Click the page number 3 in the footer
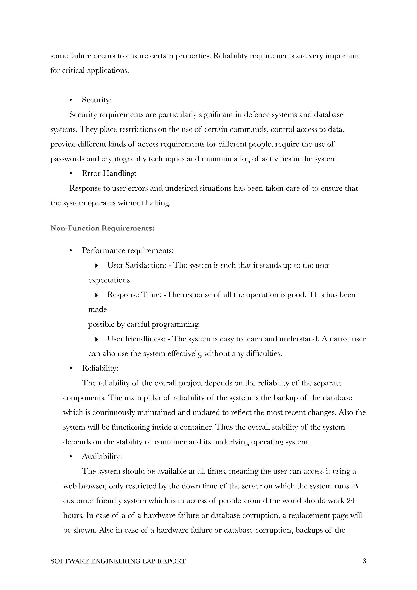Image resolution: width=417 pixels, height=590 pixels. (x=364, y=561)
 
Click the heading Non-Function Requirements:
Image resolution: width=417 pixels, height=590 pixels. (x=102, y=228)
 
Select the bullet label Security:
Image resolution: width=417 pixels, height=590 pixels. (x=97, y=100)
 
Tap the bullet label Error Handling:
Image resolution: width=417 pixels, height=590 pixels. (x=109, y=173)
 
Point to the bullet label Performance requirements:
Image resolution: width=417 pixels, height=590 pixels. (x=128, y=250)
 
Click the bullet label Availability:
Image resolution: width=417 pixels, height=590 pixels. (x=102, y=456)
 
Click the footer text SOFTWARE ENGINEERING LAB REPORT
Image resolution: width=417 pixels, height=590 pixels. (x=118, y=561)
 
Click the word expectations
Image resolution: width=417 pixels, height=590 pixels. (x=110, y=280)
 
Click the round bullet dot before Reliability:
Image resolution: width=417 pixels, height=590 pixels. (x=71, y=368)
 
